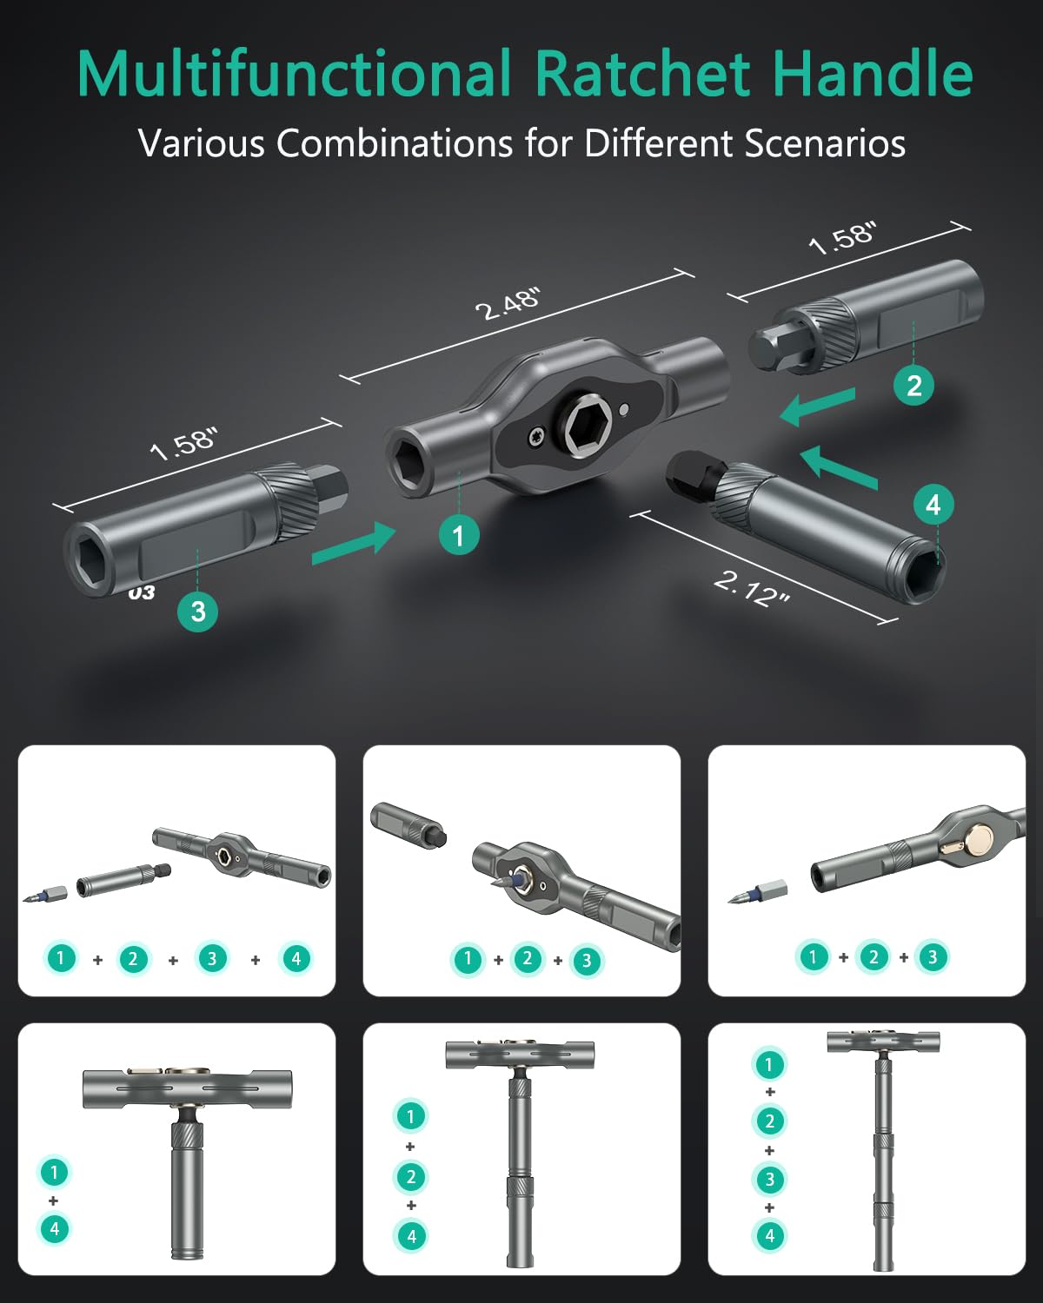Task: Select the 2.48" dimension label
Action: click(508, 303)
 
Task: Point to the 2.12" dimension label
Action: click(751, 588)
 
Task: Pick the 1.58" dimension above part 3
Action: click(183, 444)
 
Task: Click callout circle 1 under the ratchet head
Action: click(459, 534)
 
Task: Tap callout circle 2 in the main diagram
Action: click(913, 385)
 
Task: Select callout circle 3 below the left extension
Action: click(197, 611)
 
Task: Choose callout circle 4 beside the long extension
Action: click(933, 505)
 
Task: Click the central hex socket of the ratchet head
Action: click(588, 426)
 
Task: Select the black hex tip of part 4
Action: click(691, 475)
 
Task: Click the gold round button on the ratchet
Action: click(980, 837)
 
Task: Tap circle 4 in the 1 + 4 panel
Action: click(54, 1228)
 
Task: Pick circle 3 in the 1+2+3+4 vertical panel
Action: click(769, 1179)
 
